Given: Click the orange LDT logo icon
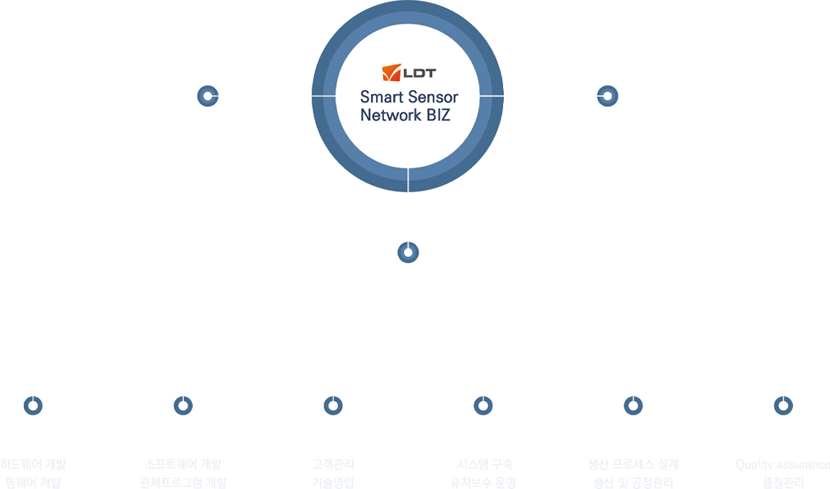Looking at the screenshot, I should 391,72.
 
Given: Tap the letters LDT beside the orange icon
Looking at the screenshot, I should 419,73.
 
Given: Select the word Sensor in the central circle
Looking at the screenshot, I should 430,97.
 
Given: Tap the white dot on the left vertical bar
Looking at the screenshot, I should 208,95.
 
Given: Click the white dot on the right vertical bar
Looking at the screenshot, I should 608,95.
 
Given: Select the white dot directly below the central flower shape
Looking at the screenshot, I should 408,252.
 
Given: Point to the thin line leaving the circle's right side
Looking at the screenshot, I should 493,95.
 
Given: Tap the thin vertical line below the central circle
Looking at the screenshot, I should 409,181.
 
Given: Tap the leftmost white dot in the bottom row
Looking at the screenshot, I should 32,406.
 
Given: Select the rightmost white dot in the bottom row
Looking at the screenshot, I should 783,406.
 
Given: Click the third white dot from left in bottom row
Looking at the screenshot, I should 333,406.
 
